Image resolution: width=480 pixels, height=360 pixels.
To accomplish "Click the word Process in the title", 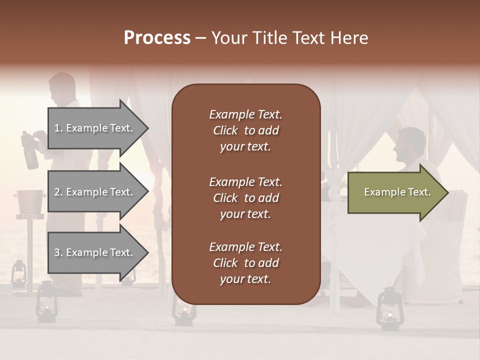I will tap(157, 38).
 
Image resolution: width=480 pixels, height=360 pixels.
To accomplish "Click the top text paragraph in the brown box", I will tap(245, 130).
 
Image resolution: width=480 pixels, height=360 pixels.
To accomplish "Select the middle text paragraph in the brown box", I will tap(245, 197).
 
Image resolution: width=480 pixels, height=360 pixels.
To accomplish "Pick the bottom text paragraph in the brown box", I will tap(245, 263).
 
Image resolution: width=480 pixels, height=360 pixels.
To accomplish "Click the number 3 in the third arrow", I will tap(57, 252).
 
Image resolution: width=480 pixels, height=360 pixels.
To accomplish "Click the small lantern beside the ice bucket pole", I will tap(18, 273).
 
